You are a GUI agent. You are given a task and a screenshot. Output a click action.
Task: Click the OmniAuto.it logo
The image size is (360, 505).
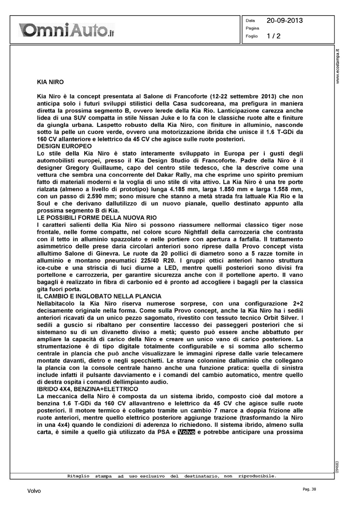[67, 30]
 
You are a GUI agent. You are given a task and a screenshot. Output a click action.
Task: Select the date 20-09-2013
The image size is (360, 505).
[285, 21]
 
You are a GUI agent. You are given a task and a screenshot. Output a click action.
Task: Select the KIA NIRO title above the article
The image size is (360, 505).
[50, 82]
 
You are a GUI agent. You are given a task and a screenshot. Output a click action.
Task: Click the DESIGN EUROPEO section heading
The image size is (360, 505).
[64, 146]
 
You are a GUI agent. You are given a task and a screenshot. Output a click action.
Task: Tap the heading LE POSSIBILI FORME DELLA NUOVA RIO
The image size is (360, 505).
[97, 217]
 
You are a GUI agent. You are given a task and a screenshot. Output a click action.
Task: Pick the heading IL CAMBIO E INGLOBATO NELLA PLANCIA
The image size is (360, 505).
[99, 296]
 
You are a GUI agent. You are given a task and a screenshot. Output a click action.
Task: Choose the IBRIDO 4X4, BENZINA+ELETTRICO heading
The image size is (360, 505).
[87, 389]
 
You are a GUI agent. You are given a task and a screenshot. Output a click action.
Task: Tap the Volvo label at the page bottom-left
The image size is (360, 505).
[34, 491]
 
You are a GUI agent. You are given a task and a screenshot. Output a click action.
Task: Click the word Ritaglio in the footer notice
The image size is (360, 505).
[78, 476]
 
